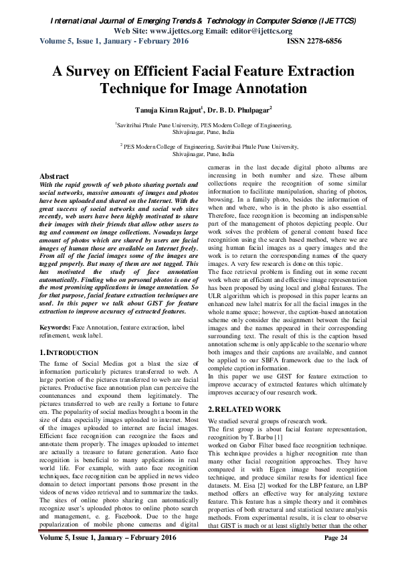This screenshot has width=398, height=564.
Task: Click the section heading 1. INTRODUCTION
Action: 64,351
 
